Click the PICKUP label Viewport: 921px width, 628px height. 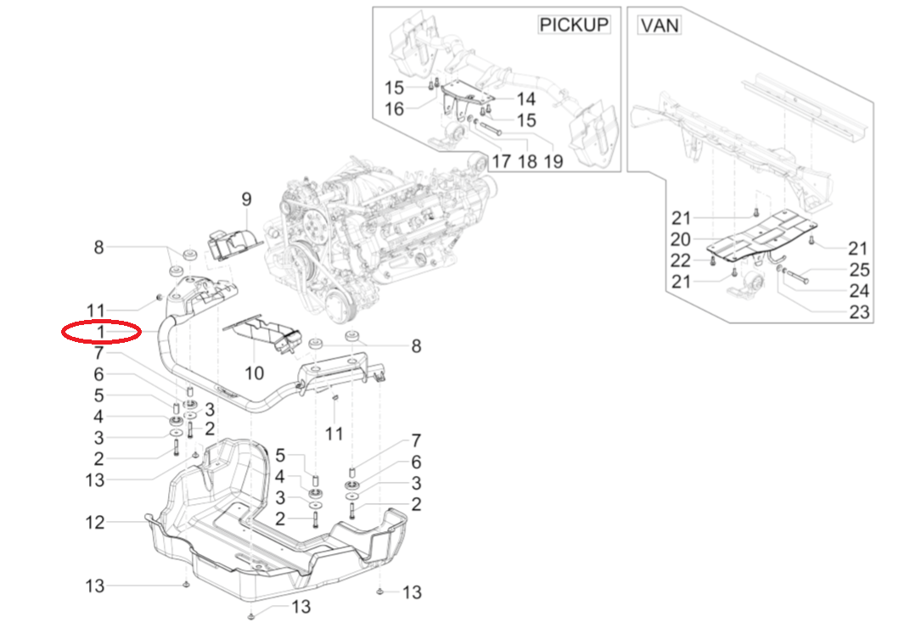point(575,25)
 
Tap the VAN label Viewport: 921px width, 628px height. point(660,25)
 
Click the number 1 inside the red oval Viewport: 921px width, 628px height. point(100,331)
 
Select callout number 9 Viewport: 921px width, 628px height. point(246,200)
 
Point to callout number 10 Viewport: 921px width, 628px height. point(255,373)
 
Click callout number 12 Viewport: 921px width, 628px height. point(95,523)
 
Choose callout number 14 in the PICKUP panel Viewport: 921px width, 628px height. point(525,99)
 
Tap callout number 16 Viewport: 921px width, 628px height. point(395,109)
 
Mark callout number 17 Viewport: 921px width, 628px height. point(501,160)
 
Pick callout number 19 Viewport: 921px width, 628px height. point(553,160)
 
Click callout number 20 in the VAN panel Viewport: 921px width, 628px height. point(681,239)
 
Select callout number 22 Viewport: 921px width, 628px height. point(681,261)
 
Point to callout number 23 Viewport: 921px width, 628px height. point(859,312)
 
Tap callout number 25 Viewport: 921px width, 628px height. point(859,271)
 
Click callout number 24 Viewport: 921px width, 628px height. point(859,291)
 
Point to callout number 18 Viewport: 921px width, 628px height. point(527,160)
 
